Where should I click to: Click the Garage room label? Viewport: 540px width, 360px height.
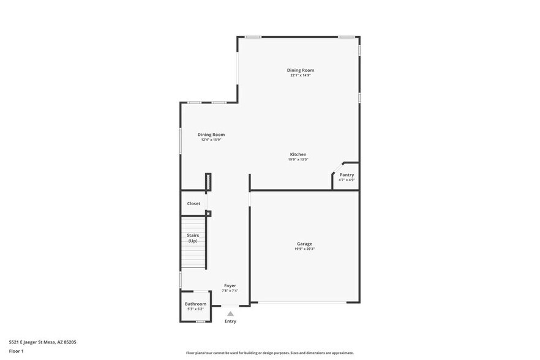click(x=304, y=244)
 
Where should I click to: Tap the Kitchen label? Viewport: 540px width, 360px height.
click(x=298, y=154)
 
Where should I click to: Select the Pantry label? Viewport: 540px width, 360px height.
click(x=347, y=174)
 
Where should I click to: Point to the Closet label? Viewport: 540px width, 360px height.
click(x=193, y=203)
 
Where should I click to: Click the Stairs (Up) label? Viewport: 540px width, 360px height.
click(x=193, y=238)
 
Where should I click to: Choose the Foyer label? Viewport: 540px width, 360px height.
click(x=230, y=285)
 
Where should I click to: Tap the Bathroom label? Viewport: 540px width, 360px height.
click(x=196, y=304)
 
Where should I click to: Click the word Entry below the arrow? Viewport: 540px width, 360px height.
click(x=230, y=321)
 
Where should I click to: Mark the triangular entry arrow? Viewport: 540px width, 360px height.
click(x=230, y=313)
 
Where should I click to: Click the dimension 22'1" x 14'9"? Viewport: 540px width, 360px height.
click(x=301, y=75)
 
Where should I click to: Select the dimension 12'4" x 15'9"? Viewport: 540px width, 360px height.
click(x=211, y=140)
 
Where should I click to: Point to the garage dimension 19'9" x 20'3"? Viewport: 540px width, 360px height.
click(x=304, y=249)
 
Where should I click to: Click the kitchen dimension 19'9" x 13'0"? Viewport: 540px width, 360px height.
click(x=298, y=160)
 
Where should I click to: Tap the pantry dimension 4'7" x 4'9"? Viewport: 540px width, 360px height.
click(x=347, y=180)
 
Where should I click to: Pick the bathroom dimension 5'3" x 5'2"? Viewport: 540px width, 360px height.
click(x=196, y=309)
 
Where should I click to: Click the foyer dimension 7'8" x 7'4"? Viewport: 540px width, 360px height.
click(x=230, y=291)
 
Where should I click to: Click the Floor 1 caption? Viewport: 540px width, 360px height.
click(x=16, y=351)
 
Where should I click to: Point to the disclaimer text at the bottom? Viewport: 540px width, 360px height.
click(x=269, y=353)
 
